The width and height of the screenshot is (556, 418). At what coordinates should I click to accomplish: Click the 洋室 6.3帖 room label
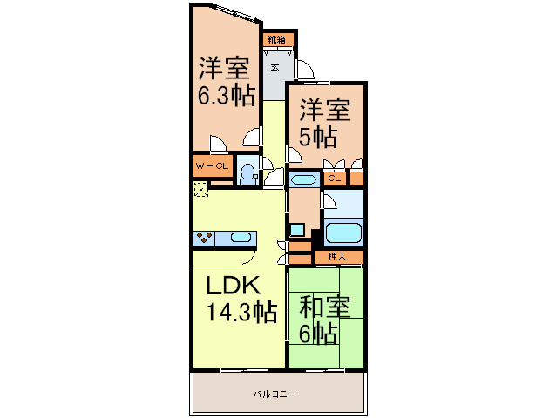point(225,81)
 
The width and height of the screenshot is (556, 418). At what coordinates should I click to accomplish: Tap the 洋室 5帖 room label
point(326,123)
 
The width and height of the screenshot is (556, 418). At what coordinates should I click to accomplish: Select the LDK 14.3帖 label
point(241,299)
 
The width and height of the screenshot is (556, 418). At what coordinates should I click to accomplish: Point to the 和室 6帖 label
point(325,320)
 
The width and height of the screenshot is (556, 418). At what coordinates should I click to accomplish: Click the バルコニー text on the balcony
point(275,394)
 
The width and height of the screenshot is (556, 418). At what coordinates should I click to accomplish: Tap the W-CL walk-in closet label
point(212,165)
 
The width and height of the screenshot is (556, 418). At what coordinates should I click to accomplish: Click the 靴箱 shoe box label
point(277,40)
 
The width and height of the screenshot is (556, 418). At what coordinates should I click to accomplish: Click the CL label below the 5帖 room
point(334,178)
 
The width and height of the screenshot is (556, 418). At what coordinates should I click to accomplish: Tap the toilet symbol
point(247,171)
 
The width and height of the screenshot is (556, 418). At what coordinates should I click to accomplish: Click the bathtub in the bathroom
point(342,233)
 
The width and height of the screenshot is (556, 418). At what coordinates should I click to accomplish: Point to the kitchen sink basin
point(241,237)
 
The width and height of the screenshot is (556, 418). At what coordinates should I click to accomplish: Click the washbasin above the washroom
point(303,180)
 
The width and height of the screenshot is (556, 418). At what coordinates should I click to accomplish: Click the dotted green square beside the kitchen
point(200,188)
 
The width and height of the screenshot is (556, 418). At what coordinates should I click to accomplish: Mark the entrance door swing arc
point(305,70)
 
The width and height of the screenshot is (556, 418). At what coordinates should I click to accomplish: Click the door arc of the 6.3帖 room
point(253,136)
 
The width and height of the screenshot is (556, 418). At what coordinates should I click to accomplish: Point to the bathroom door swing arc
point(329,201)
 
